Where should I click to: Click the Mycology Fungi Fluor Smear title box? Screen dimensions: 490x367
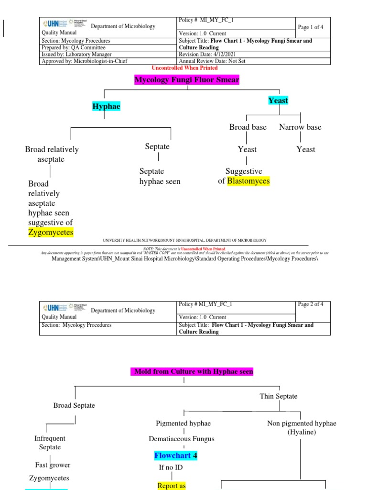(187, 80)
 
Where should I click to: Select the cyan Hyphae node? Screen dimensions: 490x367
(106, 106)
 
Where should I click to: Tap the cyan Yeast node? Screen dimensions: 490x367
(278, 100)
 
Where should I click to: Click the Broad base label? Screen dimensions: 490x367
(248, 127)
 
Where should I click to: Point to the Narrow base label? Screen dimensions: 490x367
(300, 127)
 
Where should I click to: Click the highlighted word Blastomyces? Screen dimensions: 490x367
(248, 181)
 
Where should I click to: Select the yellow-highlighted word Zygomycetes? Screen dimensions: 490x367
(51, 233)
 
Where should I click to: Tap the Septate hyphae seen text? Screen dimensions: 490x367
(160, 176)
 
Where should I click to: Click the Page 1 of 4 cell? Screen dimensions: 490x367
(311, 27)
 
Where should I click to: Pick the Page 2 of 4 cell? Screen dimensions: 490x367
(311, 304)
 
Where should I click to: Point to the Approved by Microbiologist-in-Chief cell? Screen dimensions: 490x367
(85, 61)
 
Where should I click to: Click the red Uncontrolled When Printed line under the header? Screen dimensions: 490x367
(184, 68)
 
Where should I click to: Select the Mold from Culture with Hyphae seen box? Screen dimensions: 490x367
(192, 371)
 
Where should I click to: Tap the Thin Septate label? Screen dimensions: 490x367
(279, 396)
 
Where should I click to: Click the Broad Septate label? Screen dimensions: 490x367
(74, 406)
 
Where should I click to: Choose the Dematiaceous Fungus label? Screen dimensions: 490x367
(182, 439)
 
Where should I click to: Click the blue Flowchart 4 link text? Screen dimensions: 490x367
(176, 456)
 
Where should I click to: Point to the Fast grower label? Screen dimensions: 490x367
(53, 465)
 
